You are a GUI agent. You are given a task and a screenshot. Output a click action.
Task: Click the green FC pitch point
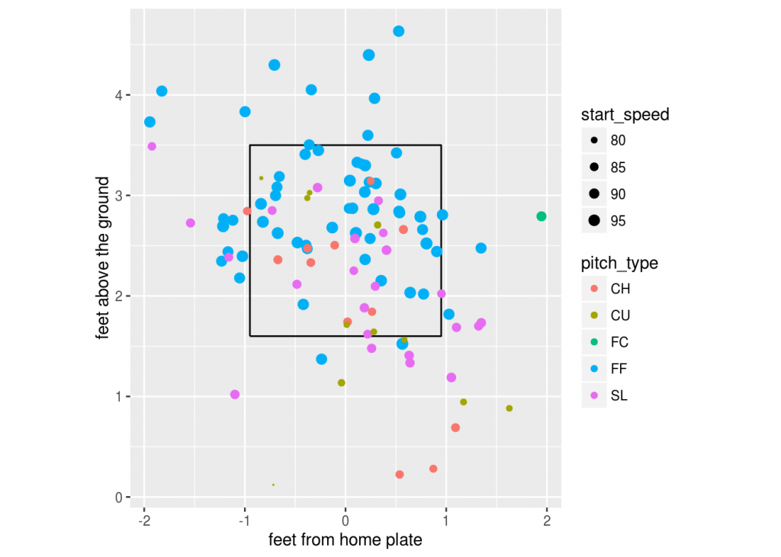[542, 216]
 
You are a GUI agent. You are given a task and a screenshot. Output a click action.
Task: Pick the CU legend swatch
[594, 315]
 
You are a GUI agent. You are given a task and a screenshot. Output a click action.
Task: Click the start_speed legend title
[625, 115]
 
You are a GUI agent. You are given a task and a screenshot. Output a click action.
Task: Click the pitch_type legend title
[619, 264]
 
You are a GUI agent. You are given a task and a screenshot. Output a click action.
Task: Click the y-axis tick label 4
[119, 95]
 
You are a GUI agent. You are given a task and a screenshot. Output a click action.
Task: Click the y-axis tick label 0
[119, 498]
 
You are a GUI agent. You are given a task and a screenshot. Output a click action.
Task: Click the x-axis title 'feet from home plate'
[346, 540]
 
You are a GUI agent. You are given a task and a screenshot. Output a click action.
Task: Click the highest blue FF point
[398, 31]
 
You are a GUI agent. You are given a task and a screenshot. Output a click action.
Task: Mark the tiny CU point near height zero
[273, 485]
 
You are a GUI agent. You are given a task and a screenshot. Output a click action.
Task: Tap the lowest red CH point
[399, 475]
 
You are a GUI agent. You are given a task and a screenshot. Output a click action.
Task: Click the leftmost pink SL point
[152, 146]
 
